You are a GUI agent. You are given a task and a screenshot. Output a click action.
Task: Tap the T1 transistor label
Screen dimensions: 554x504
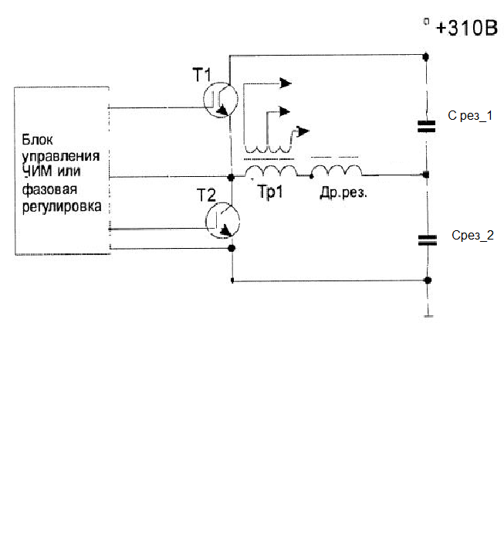[x=201, y=75]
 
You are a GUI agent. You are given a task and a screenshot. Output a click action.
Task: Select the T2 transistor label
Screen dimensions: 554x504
[x=206, y=194]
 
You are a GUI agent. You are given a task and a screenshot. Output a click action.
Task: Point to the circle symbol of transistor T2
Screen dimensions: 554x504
[x=223, y=220]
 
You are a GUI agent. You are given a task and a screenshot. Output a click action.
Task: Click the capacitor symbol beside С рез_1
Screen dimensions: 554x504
[x=426, y=126]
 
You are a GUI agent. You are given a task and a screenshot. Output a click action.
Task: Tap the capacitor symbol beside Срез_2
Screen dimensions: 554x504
[x=426, y=240]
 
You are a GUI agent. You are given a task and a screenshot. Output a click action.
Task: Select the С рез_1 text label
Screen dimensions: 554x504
[x=470, y=116]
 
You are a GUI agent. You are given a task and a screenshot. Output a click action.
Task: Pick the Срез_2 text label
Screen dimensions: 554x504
[x=472, y=235]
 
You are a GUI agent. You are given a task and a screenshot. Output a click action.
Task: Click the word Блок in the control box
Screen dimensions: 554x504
[x=36, y=139]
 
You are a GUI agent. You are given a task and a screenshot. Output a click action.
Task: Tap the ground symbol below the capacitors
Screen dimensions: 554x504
[x=427, y=313]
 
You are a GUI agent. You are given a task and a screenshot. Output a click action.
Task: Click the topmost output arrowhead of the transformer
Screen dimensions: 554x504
[x=286, y=83]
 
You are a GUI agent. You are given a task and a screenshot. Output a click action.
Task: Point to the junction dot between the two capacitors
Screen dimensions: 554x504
[x=427, y=175]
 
